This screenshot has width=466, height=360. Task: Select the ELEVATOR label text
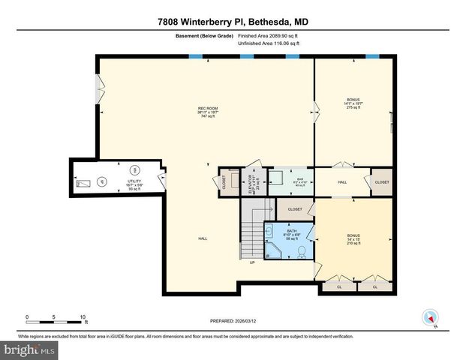click(x=252, y=182)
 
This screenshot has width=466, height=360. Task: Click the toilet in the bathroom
click(x=302, y=251)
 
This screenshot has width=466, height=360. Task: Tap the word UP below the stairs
click(x=252, y=262)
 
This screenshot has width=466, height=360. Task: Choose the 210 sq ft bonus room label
click(x=353, y=239)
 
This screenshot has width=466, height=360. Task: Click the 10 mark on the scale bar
click(x=82, y=316)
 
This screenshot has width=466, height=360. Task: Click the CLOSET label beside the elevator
click(x=224, y=182)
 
